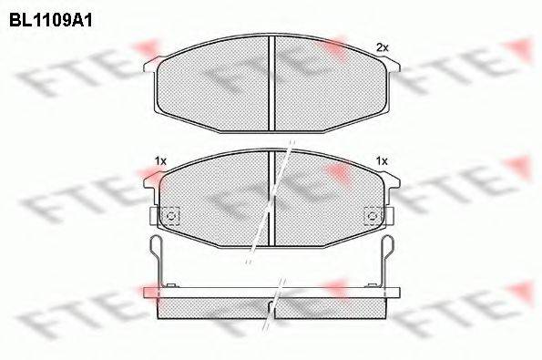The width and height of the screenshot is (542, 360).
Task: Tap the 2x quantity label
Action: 382,46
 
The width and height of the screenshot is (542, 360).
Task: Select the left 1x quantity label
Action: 160,161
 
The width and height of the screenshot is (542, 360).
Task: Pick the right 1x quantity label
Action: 382,161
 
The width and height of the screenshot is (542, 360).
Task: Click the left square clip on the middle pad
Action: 169,215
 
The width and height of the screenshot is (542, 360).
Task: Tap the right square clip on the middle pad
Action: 373,215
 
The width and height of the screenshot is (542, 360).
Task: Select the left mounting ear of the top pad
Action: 151,65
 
